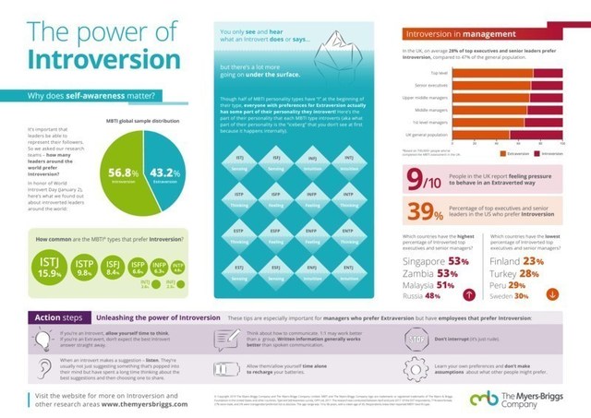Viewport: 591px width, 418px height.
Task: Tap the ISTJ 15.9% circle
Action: coord(48,269)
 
